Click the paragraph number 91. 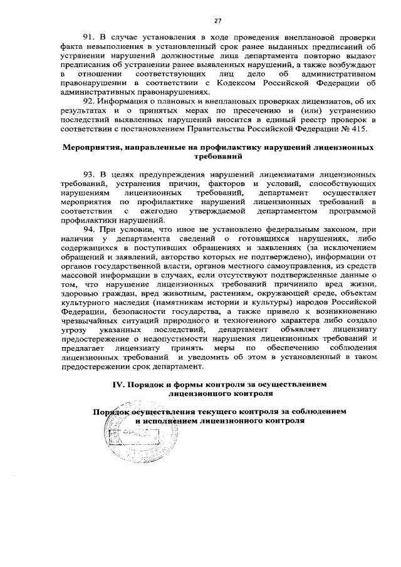[88, 38]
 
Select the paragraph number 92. [88, 102]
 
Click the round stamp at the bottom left [122, 437]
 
